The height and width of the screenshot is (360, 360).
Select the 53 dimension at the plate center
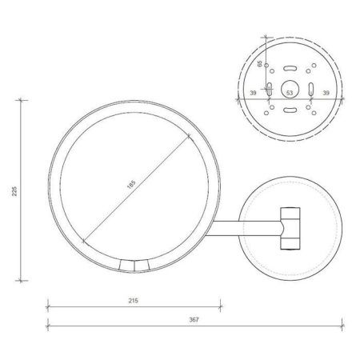pos(289,93)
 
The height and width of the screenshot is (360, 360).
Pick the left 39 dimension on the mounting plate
pos(254,93)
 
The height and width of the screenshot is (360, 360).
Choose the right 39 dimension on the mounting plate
pos(325,93)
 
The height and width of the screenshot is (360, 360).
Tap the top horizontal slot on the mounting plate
pos(289,65)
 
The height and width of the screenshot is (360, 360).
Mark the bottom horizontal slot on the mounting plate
pos(289,110)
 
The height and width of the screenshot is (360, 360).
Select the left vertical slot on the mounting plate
pos(270,87)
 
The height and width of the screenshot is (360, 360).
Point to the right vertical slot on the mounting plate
pos(308,87)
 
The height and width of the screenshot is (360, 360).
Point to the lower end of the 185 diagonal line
pos(82,241)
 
